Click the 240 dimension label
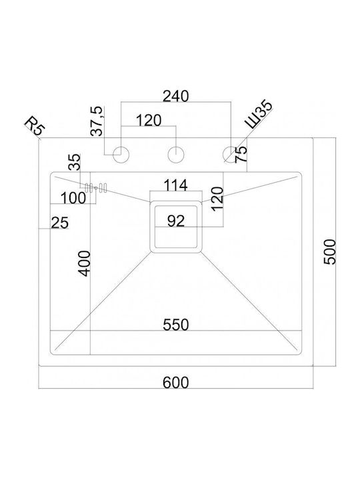[176, 96]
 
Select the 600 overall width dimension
[176, 383]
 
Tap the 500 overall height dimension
[330, 252]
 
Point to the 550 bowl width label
[176, 325]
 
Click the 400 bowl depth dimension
[85, 263]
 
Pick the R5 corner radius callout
[35, 125]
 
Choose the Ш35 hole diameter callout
[259, 114]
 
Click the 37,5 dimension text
[98, 121]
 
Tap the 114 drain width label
[176, 185]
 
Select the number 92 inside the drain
[176, 221]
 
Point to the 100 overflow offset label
[73, 198]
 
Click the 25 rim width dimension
[60, 223]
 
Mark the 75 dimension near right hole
[241, 154]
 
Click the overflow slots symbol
[96, 187]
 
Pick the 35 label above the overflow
[75, 161]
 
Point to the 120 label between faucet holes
[149, 120]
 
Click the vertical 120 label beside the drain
[217, 199]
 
